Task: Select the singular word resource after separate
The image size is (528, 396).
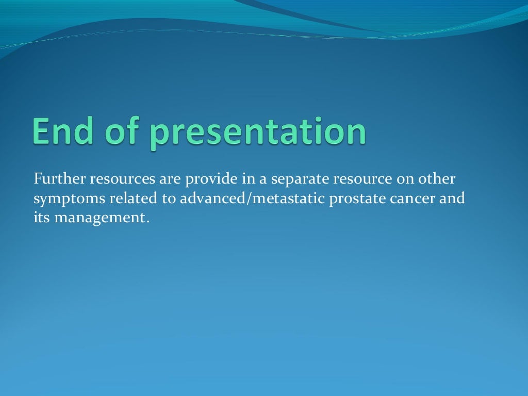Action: pos(362,180)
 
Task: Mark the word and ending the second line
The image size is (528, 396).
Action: pos(452,199)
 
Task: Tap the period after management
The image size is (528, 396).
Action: pos(147,222)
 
